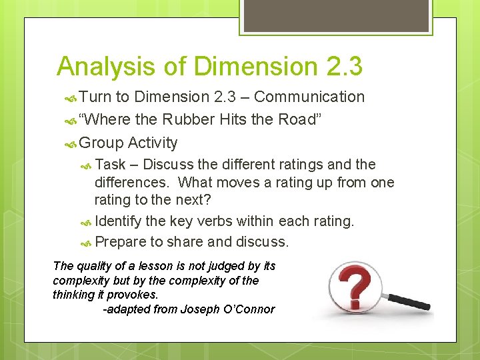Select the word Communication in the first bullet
[309, 97]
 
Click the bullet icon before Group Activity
[71, 143]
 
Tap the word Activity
[153, 143]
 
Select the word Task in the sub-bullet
[110, 165]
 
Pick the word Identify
[118, 221]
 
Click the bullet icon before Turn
[71, 97]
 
